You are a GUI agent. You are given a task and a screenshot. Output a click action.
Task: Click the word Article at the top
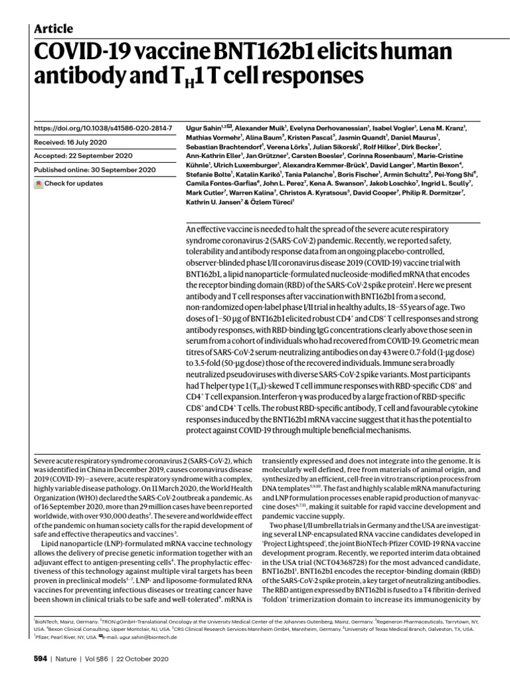53,29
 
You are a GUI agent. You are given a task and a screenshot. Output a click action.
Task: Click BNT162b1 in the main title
224,52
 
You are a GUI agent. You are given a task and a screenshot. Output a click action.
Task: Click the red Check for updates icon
38,183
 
